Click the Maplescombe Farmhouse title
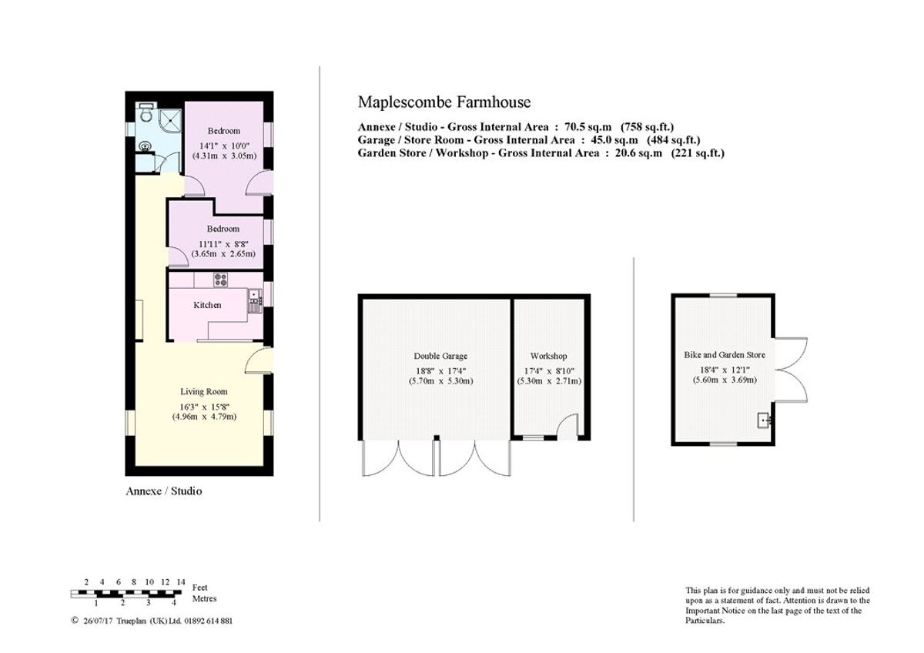click(x=444, y=102)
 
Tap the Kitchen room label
click(x=207, y=305)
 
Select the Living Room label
click(x=203, y=391)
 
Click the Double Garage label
click(x=440, y=356)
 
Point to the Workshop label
click(x=548, y=356)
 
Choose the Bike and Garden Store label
click(x=725, y=355)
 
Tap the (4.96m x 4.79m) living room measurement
click(x=203, y=417)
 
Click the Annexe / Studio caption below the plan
click(x=163, y=491)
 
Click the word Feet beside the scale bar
click(x=199, y=588)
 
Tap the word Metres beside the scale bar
click(x=204, y=598)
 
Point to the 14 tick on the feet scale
click(x=181, y=582)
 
